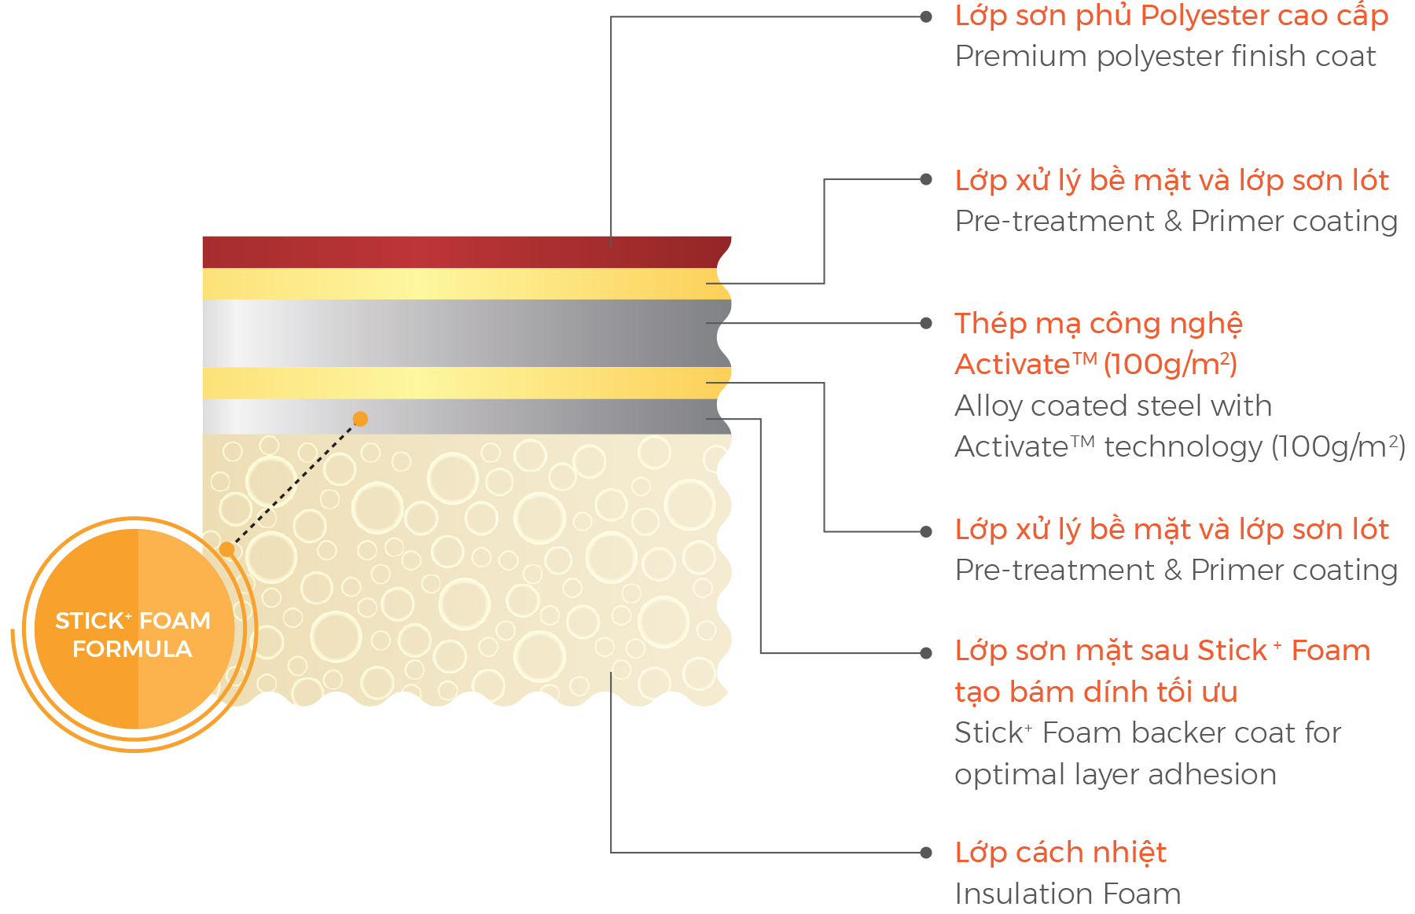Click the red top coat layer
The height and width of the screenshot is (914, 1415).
[x=464, y=251]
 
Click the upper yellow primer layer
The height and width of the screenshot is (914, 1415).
[x=464, y=284]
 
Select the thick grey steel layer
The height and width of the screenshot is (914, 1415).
[x=464, y=332]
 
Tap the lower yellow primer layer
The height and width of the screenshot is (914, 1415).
[x=464, y=383]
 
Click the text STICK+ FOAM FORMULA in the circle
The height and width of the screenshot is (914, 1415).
[x=133, y=635]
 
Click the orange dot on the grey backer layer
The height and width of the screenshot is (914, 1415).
[x=360, y=419]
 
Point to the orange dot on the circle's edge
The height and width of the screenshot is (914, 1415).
[x=227, y=549]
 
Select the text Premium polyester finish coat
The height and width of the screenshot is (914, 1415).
[x=1165, y=57]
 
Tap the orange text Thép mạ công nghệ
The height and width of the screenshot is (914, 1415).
[x=1098, y=323]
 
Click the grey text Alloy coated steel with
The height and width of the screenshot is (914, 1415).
[x=1112, y=406]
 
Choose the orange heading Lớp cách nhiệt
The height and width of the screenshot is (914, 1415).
[x=1060, y=852]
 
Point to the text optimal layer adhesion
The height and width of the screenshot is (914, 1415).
[x=1115, y=774]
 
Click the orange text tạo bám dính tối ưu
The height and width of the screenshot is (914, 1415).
[x=1096, y=692]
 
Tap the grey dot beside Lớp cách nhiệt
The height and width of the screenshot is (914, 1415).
[x=926, y=853]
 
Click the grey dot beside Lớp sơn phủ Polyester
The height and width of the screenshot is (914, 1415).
[x=926, y=17]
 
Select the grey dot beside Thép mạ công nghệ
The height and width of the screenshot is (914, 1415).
[x=926, y=323]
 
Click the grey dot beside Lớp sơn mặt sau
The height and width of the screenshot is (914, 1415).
[x=926, y=653]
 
